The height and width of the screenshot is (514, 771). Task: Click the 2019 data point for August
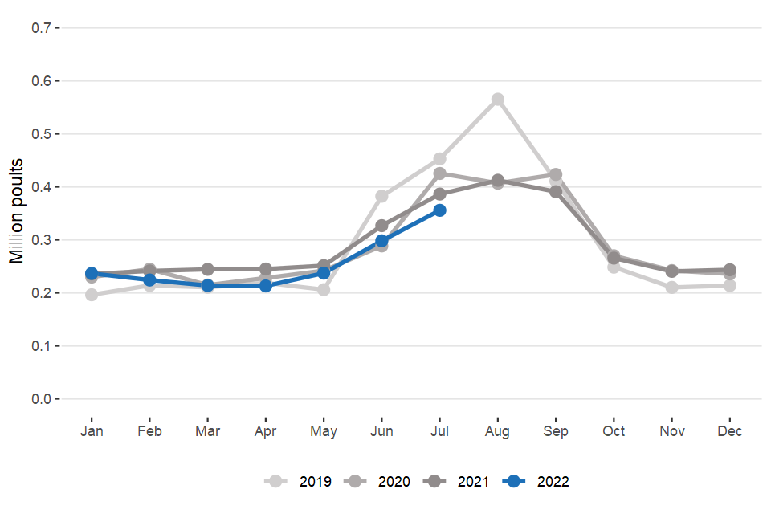coord(498,100)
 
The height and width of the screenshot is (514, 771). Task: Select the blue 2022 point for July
coord(439,210)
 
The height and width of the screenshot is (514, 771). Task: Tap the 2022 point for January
coord(92,274)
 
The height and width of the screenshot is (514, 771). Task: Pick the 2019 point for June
coord(381,196)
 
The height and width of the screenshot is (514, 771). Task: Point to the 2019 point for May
coord(324,289)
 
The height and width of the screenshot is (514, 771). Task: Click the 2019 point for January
coord(92,295)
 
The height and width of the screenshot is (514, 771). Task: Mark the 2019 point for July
coord(439,159)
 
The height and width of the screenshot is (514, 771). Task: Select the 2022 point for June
coord(381,241)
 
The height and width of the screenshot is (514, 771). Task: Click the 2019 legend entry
coord(301,482)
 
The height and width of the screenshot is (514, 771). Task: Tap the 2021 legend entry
coord(458,482)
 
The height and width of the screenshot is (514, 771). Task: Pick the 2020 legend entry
coord(379,482)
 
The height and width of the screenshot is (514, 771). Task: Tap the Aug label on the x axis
coord(498,432)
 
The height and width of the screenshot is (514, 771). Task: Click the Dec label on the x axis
coord(730,432)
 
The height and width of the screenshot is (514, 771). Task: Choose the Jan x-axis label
coord(92,432)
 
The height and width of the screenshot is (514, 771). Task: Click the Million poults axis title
coord(17,210)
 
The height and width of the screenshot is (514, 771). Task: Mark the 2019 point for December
coord(730,285)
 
